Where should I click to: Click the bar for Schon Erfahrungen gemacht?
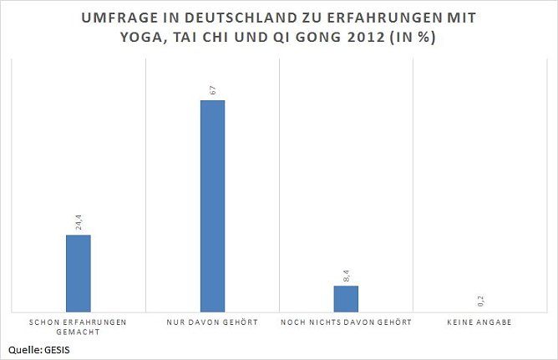[79, 272]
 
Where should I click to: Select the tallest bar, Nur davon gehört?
[212, 205]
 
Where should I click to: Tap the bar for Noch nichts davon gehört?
[346, 298]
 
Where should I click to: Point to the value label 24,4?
[79, 222]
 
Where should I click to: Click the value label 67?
[212, 89]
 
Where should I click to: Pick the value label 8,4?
[346, 274]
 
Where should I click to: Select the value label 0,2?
[480, 301]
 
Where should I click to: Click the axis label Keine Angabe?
[480, 322]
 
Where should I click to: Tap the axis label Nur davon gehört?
[212, 322]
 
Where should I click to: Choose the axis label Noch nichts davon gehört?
[346, 322]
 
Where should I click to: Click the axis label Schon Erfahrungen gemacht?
[79, 326]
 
